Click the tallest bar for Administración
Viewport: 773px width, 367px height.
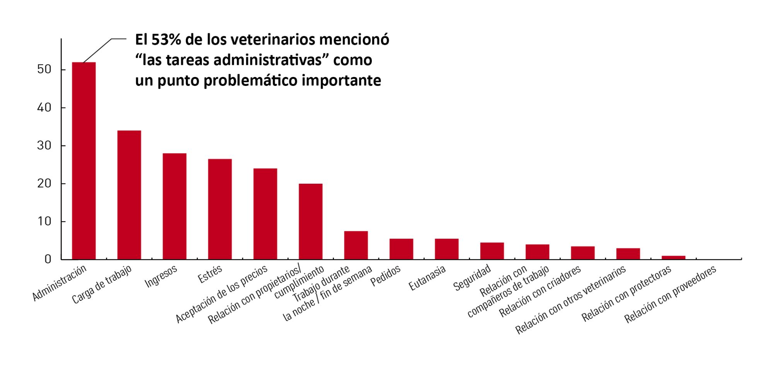point(84,160)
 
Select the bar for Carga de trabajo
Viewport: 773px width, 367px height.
point(129,195)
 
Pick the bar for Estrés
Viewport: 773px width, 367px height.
point(220,209)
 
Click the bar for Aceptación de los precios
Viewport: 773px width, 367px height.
point(265,214)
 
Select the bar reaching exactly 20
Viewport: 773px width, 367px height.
point(310,221)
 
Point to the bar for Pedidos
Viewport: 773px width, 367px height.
point(401,249)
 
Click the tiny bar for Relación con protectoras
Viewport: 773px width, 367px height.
point(673,258)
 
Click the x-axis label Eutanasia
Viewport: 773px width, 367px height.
point(427,278)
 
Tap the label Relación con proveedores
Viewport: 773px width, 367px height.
point(671,294)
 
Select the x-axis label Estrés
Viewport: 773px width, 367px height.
point(210,274)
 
